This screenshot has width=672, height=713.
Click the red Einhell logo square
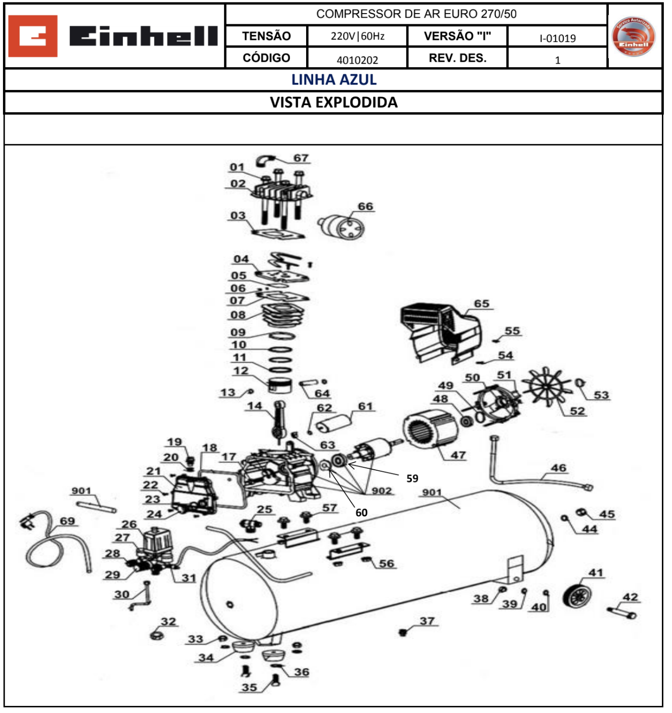point(33,36)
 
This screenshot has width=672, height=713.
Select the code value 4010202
point(357,60)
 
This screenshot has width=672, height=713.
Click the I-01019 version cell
point(557,38)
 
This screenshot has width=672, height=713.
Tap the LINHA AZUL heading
point(333,79)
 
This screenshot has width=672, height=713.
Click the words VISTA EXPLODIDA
point(333,102)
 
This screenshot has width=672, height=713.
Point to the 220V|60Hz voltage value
point(357,36)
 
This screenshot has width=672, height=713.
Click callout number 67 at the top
point(301,158)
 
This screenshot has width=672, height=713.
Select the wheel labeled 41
point(577,597)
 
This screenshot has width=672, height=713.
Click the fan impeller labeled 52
point(547,387)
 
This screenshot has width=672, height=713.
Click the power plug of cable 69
point(25,520)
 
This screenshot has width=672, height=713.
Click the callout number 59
point(412,478)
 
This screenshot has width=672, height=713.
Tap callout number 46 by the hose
point(558,468)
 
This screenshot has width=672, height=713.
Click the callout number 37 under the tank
point(427,620)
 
